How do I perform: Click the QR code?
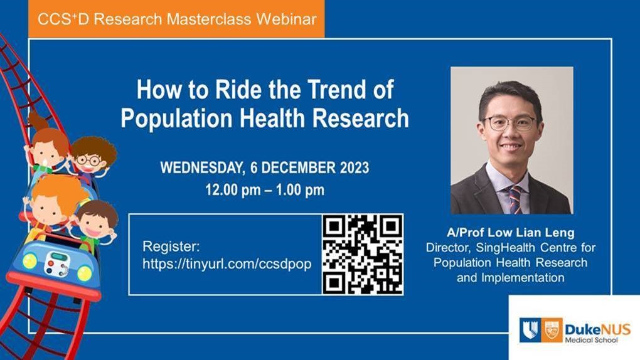tap(363, 254)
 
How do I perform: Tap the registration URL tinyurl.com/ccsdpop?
tap(227, 263)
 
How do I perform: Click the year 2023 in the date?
tap(355, 167)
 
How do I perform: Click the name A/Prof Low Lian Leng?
tap(511, 233)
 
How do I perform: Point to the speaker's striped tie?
tap(515, 199)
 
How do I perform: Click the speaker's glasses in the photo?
tap(509, 124)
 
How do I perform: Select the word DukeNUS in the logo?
tap(597, 329)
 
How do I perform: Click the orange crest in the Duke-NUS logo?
tap(552, 330)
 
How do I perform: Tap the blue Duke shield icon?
tap(530, 330)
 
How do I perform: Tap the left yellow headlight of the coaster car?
tap(29, 261)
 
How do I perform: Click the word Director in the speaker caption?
tap(448, 248)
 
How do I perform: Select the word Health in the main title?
tap(272, 118)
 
